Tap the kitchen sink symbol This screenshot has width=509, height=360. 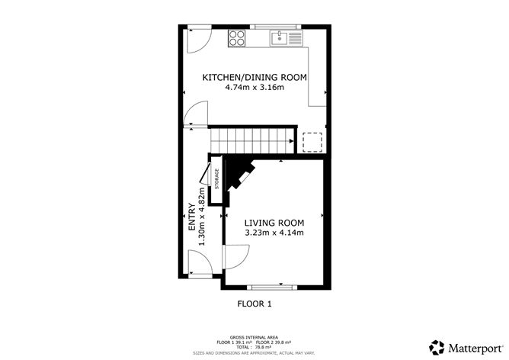(x=287, y=36)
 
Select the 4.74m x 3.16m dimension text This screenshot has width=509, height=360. (x=254, y=88)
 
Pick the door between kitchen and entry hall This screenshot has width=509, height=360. (x=195, y=115)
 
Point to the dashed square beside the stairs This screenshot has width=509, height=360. (x=312, y=143)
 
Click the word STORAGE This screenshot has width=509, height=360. (x=216, y=184)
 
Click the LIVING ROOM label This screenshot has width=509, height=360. (x=274, y=222)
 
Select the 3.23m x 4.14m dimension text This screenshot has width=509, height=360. (x=274, y=233)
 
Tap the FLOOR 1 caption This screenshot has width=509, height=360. (x=254, y=304)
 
